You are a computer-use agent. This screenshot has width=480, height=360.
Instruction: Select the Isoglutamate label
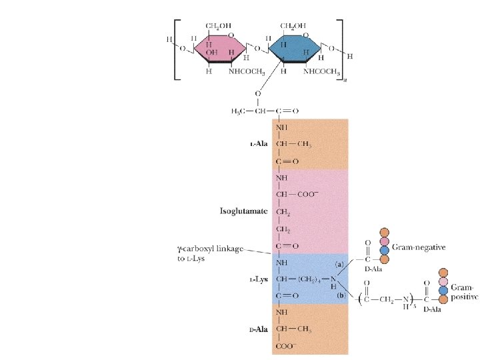(x=244, y=211)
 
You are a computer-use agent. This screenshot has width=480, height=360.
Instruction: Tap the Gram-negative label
(x=419, y=247)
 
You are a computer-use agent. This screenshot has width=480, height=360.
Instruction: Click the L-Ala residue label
(x=257, y=144)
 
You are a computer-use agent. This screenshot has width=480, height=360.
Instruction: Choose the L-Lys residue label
(x=258, y=280)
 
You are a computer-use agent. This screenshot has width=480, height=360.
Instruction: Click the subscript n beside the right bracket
(x=345, y=82)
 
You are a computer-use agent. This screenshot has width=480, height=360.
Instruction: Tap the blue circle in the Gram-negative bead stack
(x=383, y=249)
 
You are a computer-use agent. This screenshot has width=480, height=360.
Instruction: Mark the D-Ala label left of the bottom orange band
(x=258, y=329)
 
